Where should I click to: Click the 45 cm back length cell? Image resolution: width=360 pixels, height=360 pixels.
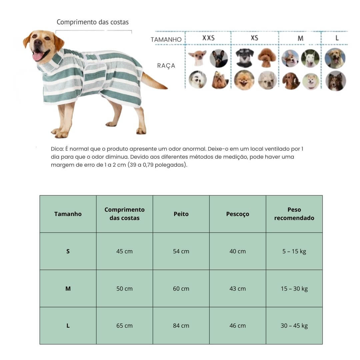click(124, 251)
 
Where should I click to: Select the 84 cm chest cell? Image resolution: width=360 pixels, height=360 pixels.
click(181, 326)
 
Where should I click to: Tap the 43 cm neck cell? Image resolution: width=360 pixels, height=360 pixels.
click(237, 289)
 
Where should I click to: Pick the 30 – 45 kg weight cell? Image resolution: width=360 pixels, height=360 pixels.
click(294, 326)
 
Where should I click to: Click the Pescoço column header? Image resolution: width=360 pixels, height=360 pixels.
click(237, 214)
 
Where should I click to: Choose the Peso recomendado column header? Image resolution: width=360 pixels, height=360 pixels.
click(294, 214)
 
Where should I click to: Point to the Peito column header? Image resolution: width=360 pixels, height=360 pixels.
click(181, 214)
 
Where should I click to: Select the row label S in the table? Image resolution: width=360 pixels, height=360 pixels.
click(68, 251)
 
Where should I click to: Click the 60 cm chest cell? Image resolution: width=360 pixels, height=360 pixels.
click(181, 289)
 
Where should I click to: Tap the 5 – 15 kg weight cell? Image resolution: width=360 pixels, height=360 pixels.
click(294, 251)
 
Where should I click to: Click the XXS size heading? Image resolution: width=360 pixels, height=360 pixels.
click(208, 38)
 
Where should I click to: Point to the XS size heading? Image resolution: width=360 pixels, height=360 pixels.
click(254, 38)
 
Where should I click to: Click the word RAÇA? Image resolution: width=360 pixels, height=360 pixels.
click(166, 66)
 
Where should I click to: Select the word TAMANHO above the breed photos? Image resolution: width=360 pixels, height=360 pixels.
click(166, 40)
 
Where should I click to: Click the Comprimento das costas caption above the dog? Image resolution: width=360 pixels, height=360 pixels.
click(92, 22)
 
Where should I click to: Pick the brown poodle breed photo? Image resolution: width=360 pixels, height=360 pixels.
click(267, 58)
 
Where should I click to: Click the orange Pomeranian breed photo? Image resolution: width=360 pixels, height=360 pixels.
click(244, 80)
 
